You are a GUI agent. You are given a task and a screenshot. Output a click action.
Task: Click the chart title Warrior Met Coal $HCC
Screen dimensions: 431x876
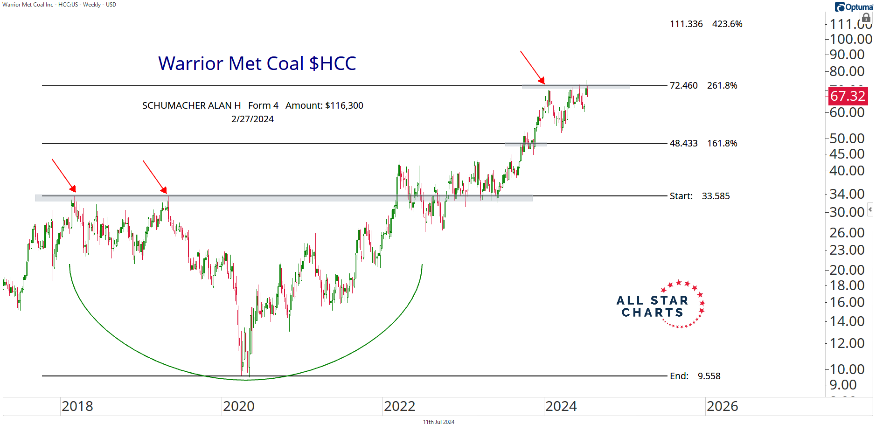coord(257,63)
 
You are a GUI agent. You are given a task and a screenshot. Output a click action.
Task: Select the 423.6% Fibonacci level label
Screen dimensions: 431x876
coord(727,24)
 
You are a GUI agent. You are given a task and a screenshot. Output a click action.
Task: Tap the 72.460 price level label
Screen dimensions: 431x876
coord(683,85)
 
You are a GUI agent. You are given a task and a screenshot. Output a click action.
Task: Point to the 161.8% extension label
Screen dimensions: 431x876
coord(722,143)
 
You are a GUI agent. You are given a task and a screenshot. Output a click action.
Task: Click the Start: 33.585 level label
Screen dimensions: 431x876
coord(699,196)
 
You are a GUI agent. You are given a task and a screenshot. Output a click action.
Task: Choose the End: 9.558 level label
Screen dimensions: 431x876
coord(695,376)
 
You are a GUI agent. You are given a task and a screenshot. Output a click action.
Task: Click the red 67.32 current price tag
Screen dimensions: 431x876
coord(848,96)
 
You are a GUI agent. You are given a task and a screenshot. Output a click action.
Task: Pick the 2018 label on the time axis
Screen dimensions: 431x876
coord(77,406)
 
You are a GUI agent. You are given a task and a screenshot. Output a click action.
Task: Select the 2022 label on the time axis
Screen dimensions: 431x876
coord(400,406)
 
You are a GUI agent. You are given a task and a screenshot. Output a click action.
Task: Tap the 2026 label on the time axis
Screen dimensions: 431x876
coord(722,406)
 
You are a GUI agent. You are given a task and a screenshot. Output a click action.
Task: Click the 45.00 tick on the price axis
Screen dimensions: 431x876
coord(847,154)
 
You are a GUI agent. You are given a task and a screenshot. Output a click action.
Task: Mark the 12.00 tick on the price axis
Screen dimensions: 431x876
coord(847,343)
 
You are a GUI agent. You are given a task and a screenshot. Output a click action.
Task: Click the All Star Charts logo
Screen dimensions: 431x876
coord(660,305)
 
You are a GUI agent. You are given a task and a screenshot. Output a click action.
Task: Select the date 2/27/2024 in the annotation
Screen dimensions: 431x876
coord(252,119)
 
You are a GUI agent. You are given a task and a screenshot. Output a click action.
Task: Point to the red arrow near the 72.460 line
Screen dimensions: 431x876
coord(532,67)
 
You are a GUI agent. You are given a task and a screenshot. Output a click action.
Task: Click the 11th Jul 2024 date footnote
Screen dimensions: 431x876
coord(438,422)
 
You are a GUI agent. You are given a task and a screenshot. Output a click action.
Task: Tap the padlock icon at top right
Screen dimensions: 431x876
coord(866,18)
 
